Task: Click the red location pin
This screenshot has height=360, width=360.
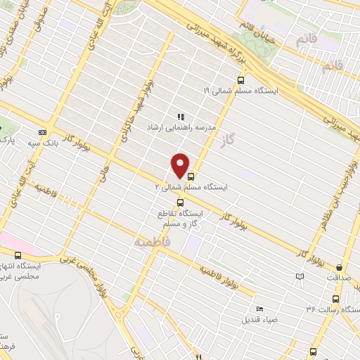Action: pyautogui.click(x=181, y=165)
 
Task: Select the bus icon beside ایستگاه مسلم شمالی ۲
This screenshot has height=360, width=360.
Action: pyautogui.click(x=191, y=176)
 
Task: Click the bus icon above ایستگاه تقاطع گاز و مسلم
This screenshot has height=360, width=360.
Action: pyautogui.click(x=179, y=202)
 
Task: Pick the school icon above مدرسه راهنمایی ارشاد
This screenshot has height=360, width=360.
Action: pyautogui.click(x=180, y=117)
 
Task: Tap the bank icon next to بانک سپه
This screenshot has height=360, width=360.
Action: pyautogui.click(x=43, y=131)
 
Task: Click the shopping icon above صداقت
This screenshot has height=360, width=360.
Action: pyautogui.click(x=340, y=267)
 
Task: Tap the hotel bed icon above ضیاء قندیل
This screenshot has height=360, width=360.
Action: pyautogui.click(x=260, y=309)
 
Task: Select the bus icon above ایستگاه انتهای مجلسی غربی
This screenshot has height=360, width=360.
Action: pyautogui.click(x=18, y=256)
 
